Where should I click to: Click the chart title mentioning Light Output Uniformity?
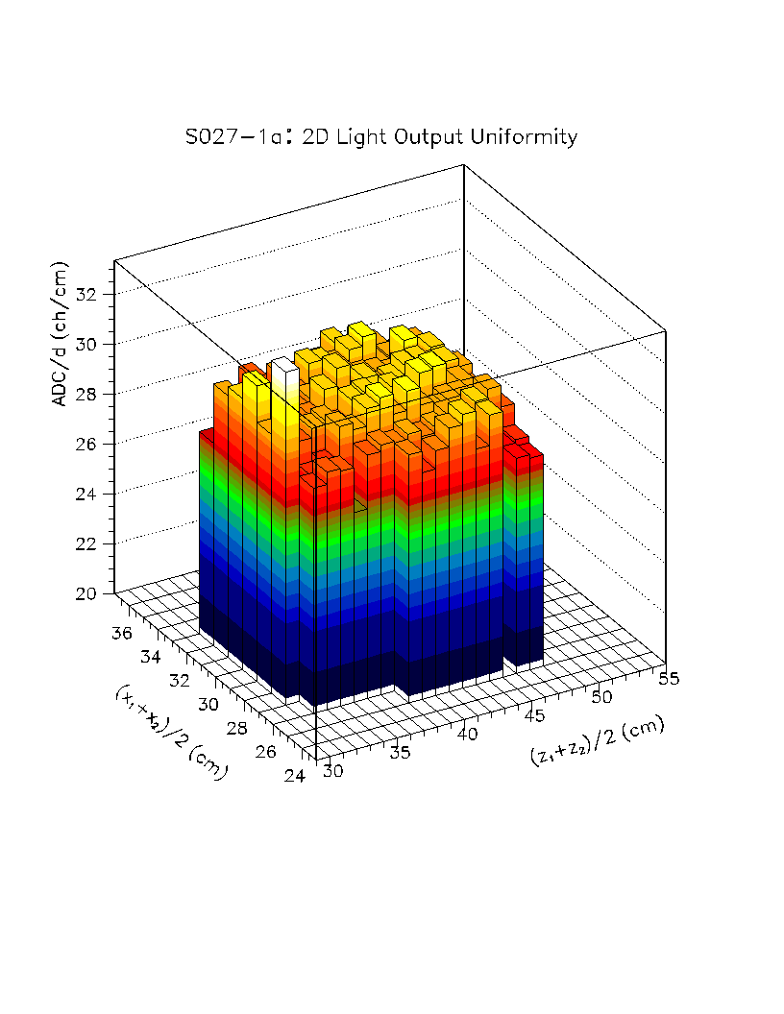tap(381, 137)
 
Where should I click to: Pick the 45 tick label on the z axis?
tap(535, 714)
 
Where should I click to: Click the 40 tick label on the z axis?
tap(469, 734)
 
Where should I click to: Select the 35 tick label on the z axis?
tap(402, 752)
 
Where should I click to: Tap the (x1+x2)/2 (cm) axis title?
tap(169, 732)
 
